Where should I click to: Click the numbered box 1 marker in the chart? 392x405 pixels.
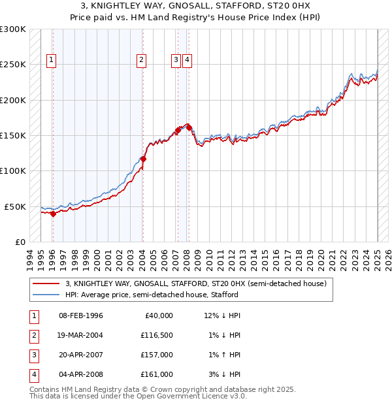[x=52, y=60]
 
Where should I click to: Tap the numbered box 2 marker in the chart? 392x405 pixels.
[x=141, y=60]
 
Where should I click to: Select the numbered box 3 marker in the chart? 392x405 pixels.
[x=176, y=60]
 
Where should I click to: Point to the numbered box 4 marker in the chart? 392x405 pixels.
[x=187, y=60]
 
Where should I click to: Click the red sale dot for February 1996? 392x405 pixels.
[x=53, y=214]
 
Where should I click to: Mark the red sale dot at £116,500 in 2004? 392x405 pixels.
[x=143, y=159]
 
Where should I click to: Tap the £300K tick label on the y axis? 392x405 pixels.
[x=13, y=29]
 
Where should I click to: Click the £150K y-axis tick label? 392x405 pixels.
[x=13, y=135]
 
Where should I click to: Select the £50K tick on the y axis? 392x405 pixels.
[x=16, y=206]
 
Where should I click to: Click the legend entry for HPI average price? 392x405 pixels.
[x=152, y=295]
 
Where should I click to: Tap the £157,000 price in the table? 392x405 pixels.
[x=157, y=355]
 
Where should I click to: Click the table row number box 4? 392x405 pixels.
[x=33, y=374]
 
